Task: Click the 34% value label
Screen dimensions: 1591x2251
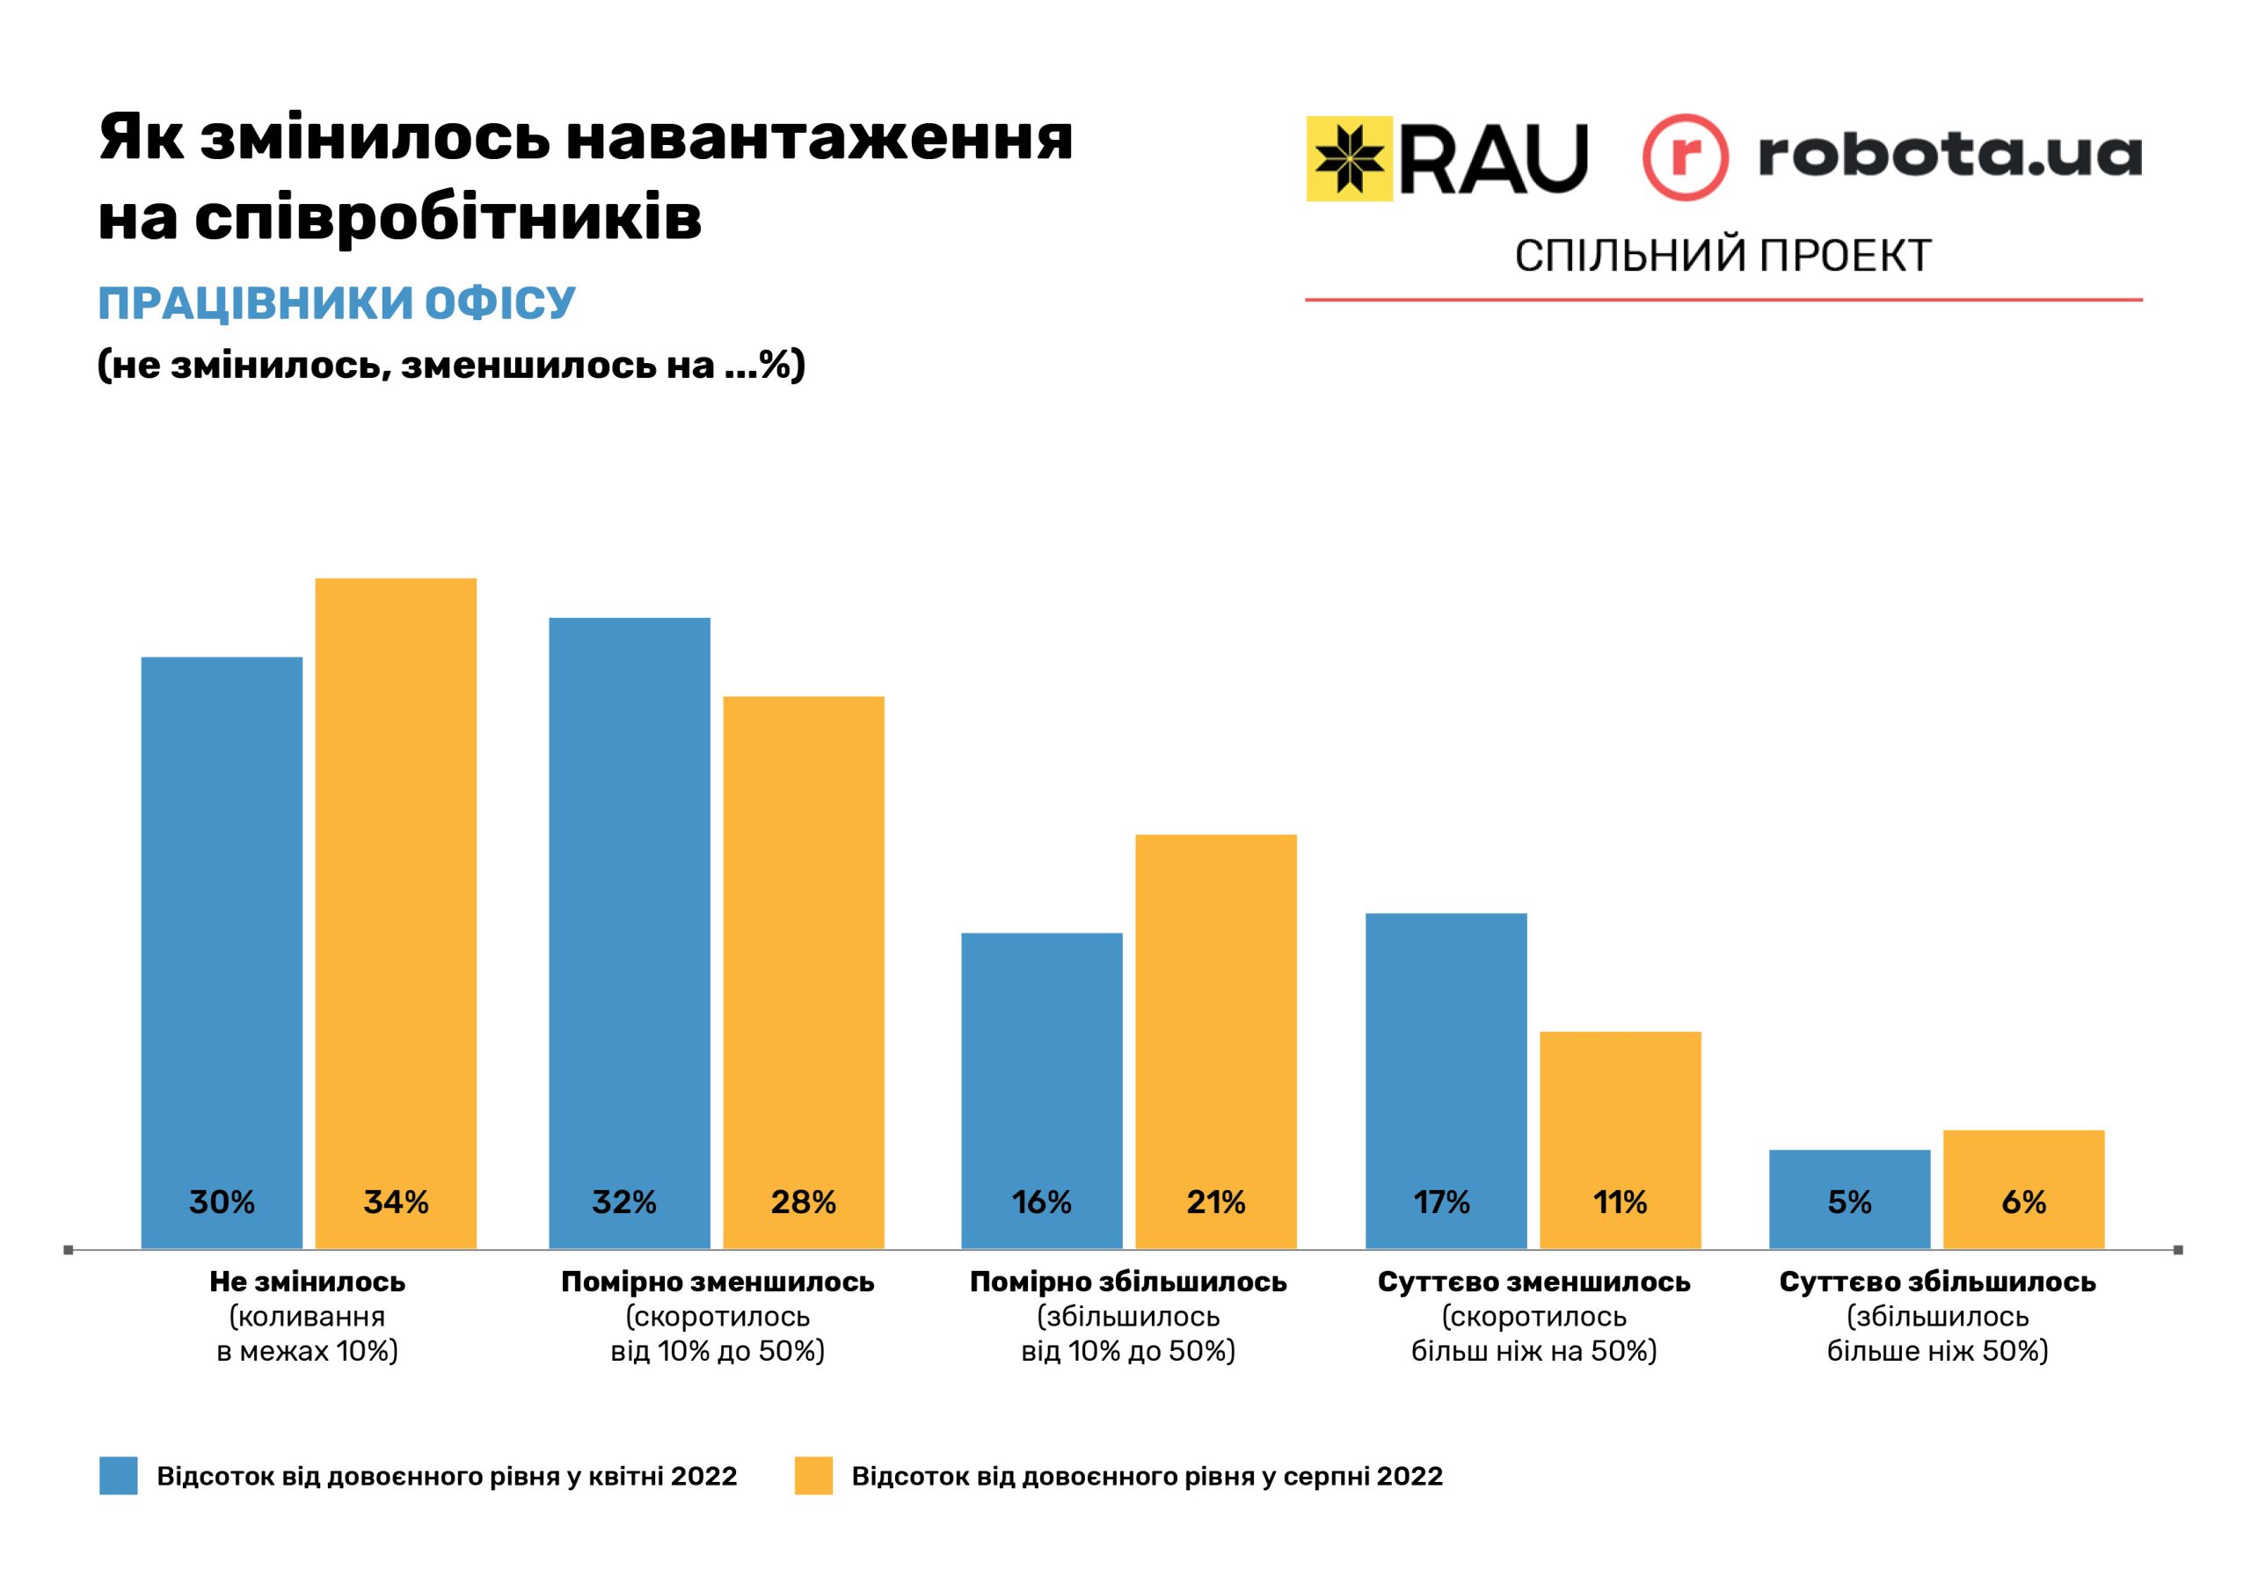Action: click(396, 1202)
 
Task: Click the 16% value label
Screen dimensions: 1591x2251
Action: click(1041, 1202)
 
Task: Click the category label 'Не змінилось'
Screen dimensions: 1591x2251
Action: click(307, 1282)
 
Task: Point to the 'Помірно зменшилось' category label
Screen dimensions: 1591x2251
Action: click(717, 1282)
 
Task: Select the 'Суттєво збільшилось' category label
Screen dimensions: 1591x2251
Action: click(1937, 1282)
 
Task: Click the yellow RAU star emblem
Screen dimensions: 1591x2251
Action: click(1349, 158)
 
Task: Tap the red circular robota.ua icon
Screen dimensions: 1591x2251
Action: click(1686, 158)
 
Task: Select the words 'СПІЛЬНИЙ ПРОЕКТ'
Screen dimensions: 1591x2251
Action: click(1723, 256)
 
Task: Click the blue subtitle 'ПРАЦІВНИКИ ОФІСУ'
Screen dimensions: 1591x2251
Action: click(336, 304)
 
